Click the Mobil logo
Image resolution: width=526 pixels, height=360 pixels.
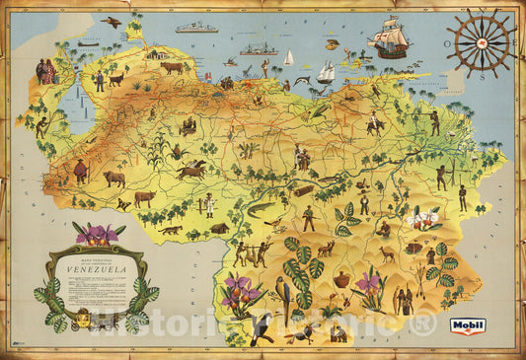pos(467,324)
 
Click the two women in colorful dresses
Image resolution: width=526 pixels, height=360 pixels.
pos(46,71)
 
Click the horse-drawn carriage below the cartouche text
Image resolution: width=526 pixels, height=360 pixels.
pos(80,318)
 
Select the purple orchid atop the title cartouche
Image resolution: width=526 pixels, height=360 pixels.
pos(98,234)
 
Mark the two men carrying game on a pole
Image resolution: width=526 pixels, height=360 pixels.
pos(252,252)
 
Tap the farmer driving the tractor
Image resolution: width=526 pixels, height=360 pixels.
pos(187,126)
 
